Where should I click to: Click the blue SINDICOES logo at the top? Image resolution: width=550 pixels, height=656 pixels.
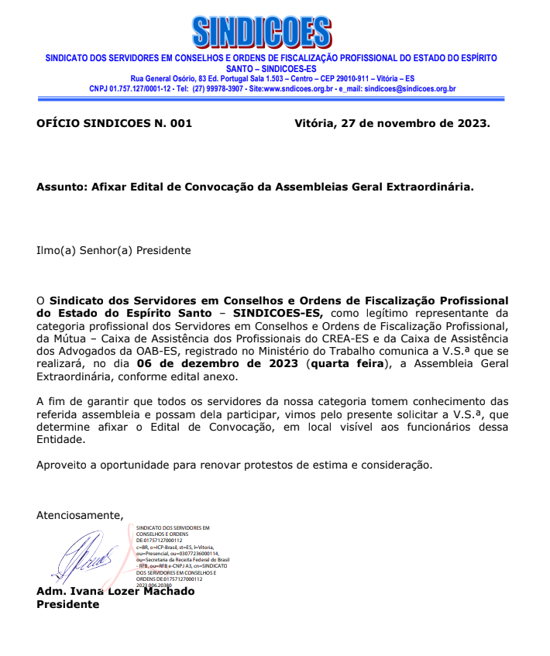click(x=261, y=32)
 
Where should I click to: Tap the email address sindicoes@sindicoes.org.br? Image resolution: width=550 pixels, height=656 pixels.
click(x=410, y=89)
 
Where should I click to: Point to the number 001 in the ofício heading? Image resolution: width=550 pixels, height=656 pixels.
click(x=180, y=123)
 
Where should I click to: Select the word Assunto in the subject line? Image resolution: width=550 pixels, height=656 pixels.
click(x=61, y=187)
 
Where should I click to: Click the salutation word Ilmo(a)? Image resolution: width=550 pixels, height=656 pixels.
click(x=56, y=250)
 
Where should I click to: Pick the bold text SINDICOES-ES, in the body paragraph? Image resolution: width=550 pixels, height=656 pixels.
click(x=278, y=313)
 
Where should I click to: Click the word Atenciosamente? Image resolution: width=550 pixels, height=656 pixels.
click(x=80, y=515)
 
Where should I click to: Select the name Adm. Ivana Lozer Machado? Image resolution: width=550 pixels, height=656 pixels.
click(x=115, y=592)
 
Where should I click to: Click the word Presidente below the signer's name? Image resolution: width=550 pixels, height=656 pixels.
click(x=68, y=604)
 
